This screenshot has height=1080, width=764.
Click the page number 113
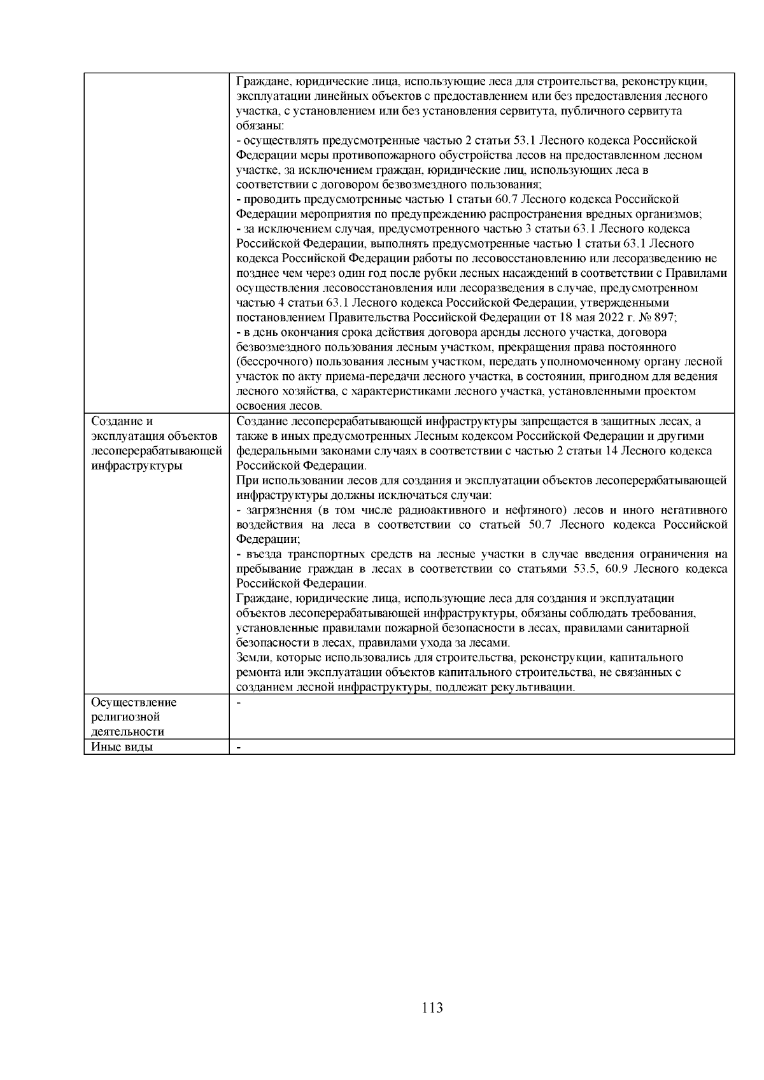pyautogui.click(x=432, y=1008)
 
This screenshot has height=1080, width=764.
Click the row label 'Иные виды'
pyautogui.click(x=122, y=747)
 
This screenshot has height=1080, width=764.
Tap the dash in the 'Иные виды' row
pyautogui.click(x=238, y=747)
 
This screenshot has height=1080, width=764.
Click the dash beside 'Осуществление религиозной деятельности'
pyautogui.click(x=238, y=703)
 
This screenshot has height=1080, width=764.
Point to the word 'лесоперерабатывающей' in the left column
pyautogui.click(x=157, y=451)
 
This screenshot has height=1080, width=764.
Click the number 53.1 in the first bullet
pyautogui.click(x=525, y=141)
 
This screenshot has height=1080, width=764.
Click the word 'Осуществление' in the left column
pyautogui.click(x=134, y=703)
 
